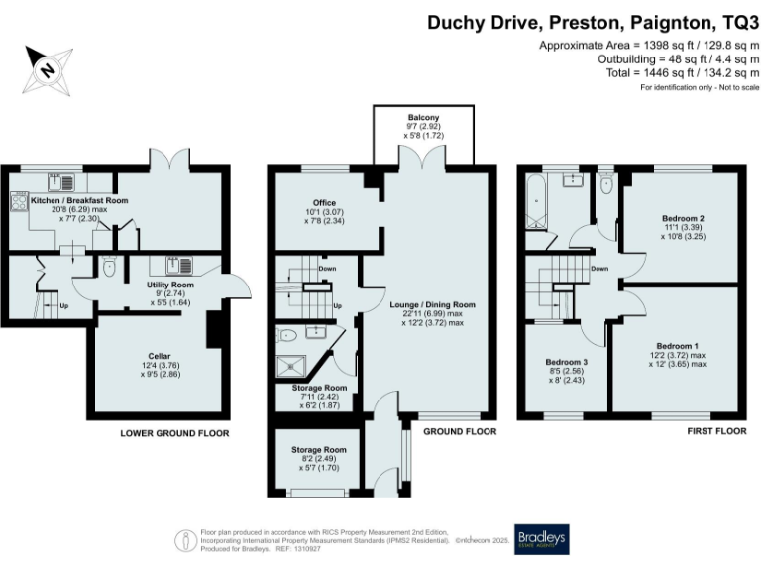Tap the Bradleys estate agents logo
click(540, 539)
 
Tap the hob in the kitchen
click(19, 201)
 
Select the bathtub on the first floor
click(535, 204)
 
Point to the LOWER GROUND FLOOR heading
click(174, 433)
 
